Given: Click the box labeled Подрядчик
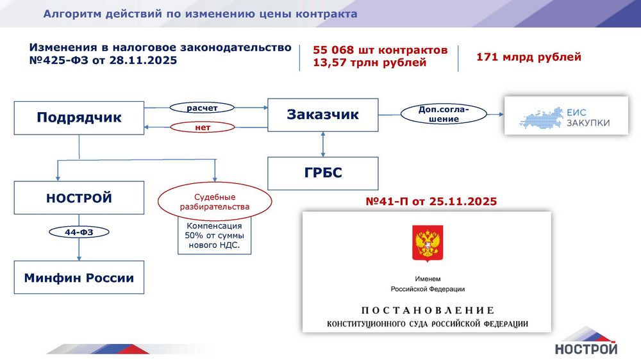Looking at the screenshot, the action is click(x=79, y=118).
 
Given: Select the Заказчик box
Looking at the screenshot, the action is click(x=323, y=115).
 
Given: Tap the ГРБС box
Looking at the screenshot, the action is click(x=323, y=173).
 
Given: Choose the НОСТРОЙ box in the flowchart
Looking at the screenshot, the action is click(x=79, y=198).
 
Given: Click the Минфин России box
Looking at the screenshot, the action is click(x=79, y=277).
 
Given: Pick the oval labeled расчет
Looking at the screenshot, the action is click(x=202, y=108).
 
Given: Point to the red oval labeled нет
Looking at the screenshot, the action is click(x=203, y=127).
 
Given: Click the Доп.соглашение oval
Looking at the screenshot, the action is click(x=444, y=114).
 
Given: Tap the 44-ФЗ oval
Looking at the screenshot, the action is click(x=79, y=232).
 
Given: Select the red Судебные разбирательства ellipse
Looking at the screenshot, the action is click(x=215, y=202).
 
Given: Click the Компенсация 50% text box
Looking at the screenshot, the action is click(x=214, y=236).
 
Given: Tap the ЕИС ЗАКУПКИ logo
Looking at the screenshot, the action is click(x=566, y=116).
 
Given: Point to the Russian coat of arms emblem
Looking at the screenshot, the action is click(x=427, y=243).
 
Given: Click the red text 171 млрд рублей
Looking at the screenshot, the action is click(x=529, y=57).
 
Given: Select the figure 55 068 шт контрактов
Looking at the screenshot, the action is click(x=380, y=50).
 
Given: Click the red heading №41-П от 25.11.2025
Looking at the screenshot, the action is click(x=431, y=201).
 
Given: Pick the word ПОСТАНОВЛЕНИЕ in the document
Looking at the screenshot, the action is click(x=428, y=311).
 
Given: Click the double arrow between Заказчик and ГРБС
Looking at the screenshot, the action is click(x=323, y=144).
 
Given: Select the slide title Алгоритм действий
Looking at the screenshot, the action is click(x=200, y=14).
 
